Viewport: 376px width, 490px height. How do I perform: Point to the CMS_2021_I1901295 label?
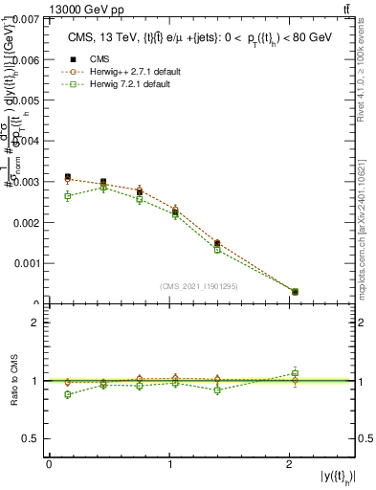click(x=199, y=286)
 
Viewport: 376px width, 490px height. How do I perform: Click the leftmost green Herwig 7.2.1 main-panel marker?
click(x=67, y=195)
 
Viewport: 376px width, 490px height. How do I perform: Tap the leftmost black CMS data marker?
click(x=67, y=177)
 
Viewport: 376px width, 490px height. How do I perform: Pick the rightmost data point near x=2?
click(x=295, y=292)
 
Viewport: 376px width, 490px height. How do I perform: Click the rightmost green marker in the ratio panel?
click(x=295, y=373)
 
